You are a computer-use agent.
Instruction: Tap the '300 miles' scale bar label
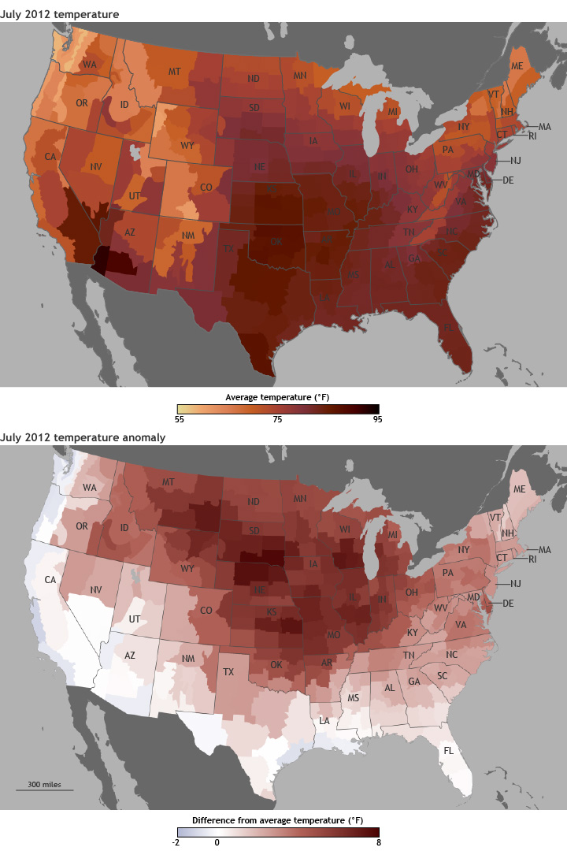coord(44,784)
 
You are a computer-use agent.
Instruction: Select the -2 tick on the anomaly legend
coord(174,842)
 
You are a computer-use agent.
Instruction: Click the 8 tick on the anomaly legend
coord(378,842)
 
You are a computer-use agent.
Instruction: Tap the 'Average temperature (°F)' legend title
coord(278,396)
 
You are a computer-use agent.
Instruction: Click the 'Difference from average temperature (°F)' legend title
coord(276,819)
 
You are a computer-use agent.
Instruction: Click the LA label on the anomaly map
coord(324,721)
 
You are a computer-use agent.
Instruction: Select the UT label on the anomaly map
coord(135,619)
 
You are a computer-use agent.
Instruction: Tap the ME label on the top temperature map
coord(517,65)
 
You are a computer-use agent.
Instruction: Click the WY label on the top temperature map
coord(187,146)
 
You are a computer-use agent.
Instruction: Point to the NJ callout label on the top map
coord(516,160)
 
